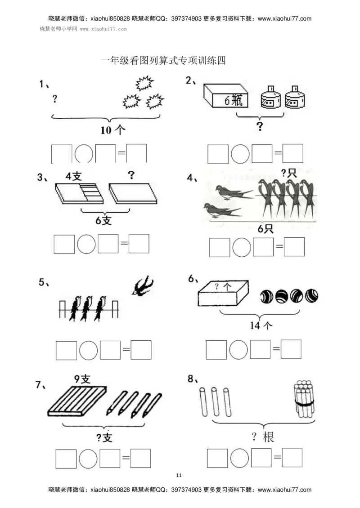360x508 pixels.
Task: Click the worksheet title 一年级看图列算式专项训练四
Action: (x=163, y=60)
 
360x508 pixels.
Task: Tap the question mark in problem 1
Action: (x=55, y=98)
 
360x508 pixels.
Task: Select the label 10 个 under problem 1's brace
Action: (x=112, y=130)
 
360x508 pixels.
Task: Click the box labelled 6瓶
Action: (x=226, y=96)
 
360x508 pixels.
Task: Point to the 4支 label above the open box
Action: (x=74, y=176)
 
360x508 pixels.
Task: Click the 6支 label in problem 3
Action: (x=103, y=220)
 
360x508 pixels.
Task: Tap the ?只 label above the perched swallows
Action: (x=288, y=173)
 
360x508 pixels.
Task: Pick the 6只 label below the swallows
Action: (x=265, y=228)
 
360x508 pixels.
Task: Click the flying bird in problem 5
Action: (x=142, y=285)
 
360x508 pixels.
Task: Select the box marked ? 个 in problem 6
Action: (x=223, y=294)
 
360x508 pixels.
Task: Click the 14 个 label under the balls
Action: (x=261, y=325)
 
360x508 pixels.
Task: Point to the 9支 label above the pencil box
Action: (x=82, y=379)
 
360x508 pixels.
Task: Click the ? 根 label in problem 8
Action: (x=263, y=437)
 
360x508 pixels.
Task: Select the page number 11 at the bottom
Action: (x=179, y=475)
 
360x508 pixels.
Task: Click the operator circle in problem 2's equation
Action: (x=240, y=154)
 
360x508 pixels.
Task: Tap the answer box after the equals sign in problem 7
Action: (x=141, y=458)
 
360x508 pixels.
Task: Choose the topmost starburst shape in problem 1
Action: (x=144, y=83)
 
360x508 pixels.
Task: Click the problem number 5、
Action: (x=44, y=282)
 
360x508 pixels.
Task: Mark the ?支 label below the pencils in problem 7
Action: (x=104, y=438)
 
